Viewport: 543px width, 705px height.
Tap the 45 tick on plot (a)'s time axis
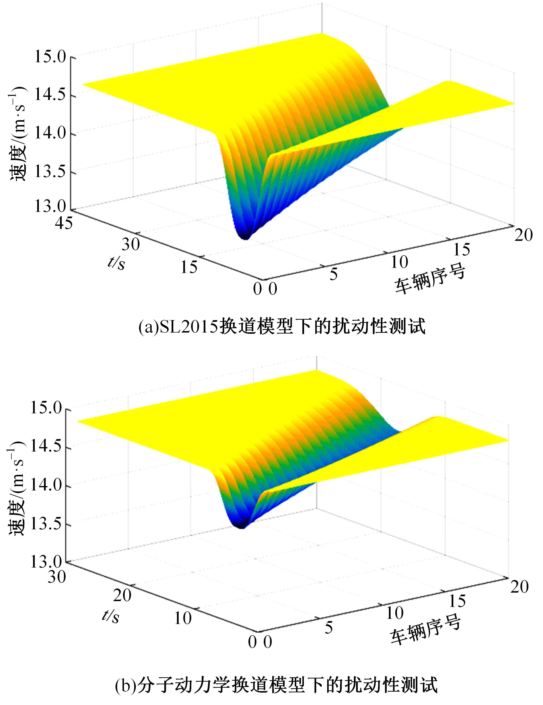click(x=63, y=223)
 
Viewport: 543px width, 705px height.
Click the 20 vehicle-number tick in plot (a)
click(x=523, y=235)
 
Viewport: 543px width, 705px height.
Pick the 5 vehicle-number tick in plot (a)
click(x=334, y=274)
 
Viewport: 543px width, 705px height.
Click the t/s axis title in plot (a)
click(x=116, y=263)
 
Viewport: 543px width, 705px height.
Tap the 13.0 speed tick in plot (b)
click(x=45, y=562)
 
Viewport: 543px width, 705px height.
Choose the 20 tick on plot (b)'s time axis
click(x=122, y=595)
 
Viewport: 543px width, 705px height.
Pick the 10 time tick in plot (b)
click(x=183, y=618)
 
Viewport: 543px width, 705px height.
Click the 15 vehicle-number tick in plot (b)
click(x=457, y=600)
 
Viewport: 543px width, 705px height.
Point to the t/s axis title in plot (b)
click(x=111, y=616)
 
